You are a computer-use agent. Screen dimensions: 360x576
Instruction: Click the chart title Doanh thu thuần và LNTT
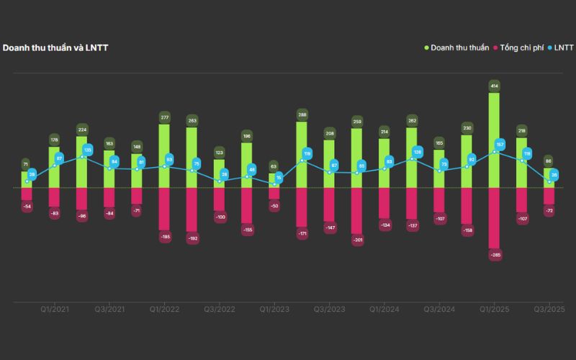(x=55, y=48)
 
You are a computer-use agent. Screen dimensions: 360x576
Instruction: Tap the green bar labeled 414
(x=494, y=140)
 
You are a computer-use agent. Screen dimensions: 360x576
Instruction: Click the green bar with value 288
(x=302, y=155)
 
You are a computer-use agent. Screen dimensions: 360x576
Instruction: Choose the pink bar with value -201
(x=356, y=212)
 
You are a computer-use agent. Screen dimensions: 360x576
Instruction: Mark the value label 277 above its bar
(x=165, y=117)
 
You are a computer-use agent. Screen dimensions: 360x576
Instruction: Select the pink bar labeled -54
(x=27, y=194)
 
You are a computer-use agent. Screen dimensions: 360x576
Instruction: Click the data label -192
(x=192, y=238)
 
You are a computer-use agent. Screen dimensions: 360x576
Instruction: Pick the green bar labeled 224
(x=82, y=162)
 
